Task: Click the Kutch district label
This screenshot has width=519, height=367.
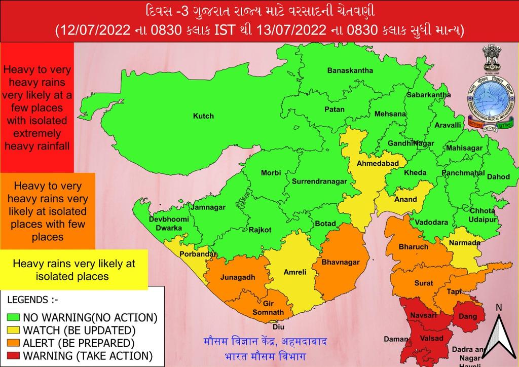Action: pyautogui.click(x=203, y=116)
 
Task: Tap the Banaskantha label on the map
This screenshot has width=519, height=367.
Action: pyautogui.click(x=350, y=70)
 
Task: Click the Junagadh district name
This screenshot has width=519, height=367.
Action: pyautogui.click(x=237, y=277)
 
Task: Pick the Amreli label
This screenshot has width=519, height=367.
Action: pyautogui.click(x=294, y=272)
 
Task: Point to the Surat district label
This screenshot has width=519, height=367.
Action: pyautogui.click(x=424, y=283)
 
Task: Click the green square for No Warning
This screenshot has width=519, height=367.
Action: pyautogui.click(x=13, y=318)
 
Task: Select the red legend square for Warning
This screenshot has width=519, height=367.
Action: pyautogui.click(x=13, y=355)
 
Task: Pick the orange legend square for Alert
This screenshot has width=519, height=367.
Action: pyautogui.click(x=13, y=342)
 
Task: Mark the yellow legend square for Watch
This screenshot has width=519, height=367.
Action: pyautogui.click(x=13, y=330)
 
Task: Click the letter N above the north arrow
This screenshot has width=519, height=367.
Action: pyautogui.click(x=498, y=307)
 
